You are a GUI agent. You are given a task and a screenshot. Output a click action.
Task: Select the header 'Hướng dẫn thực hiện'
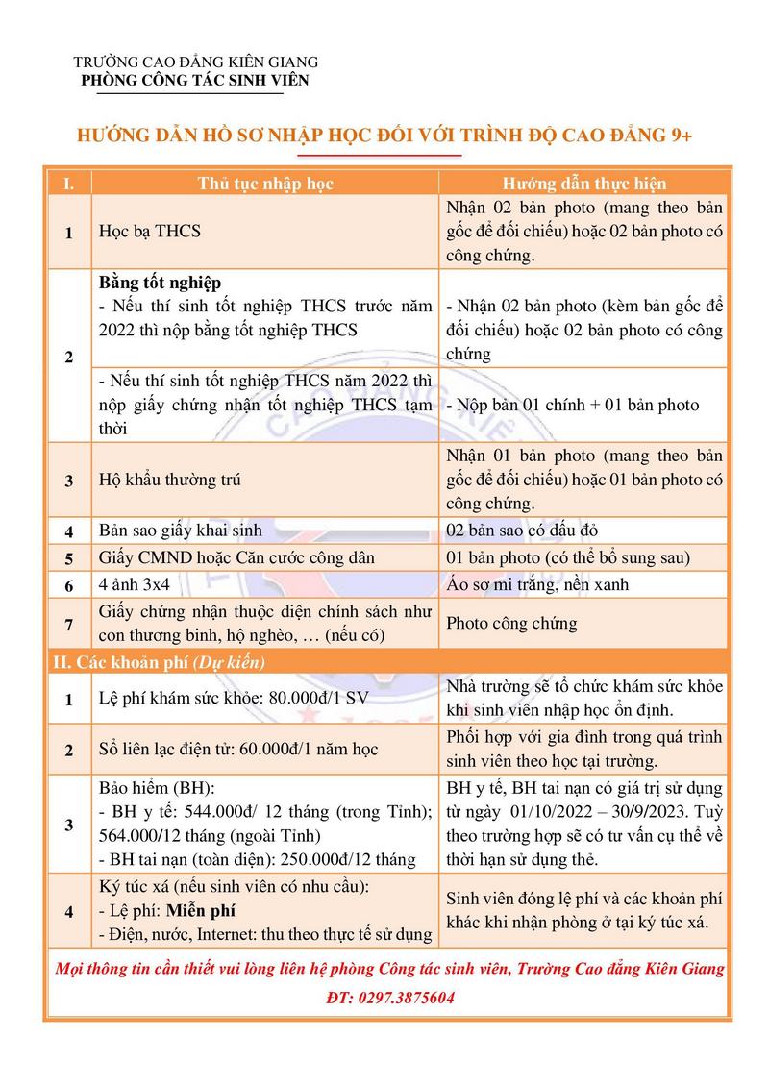(x=584, y=183)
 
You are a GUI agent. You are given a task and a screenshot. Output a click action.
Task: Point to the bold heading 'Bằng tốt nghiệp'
(x=161, y=283)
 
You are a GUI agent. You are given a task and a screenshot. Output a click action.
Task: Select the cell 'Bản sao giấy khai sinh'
(x=181, y=531)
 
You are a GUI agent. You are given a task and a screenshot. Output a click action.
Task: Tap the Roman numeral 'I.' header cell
(x=68, y=183)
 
